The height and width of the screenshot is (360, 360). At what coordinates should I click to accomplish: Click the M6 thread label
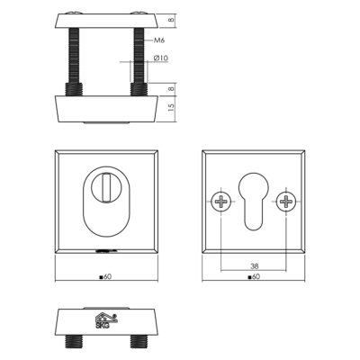[159, 40]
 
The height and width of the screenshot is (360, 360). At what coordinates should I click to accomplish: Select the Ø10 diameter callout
[161, 58]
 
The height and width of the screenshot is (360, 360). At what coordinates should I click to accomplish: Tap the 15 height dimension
[171, 108]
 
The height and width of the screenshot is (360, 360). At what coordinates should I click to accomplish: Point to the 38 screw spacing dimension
[254, 265]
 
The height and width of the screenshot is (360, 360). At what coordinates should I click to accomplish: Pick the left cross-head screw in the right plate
[221, 201]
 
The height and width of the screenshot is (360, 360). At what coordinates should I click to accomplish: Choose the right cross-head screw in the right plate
[286, 201]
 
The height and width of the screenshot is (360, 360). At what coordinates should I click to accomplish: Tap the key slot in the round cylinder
[105, 188]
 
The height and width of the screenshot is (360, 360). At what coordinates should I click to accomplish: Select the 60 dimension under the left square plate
[105, 277]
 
